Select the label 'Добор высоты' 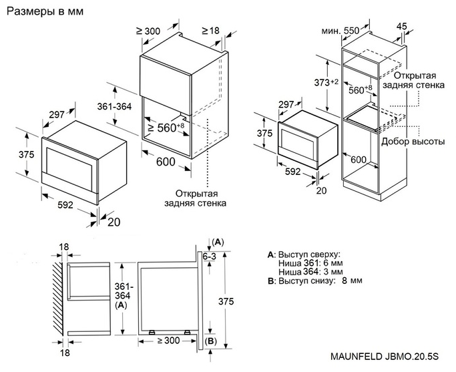[413, 142]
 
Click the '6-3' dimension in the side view [210, 256]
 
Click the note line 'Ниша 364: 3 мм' [310, 272]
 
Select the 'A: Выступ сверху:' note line [304, 254]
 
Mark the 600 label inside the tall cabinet [359, 160]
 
